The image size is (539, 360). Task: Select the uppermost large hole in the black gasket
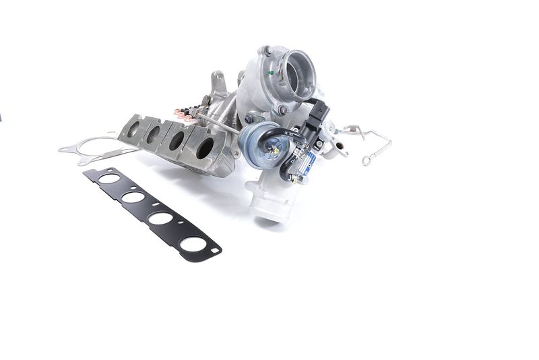110,179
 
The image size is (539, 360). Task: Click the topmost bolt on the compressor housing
267,49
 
